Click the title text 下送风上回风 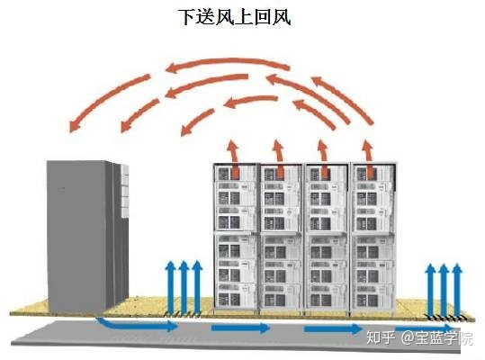coord(235,17)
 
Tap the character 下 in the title coord(188,17)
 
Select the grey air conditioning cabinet coord(87,237)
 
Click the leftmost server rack coord(237,238)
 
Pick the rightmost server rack coord(373,238)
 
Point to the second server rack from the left coord(283,238)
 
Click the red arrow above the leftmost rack coord(234,158)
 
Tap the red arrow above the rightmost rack coord(368,158)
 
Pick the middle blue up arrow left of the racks coord(184,287)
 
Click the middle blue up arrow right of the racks coord(444,290)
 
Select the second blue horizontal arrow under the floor coord(240,328)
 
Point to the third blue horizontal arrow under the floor coord(333,328)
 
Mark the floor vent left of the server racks coord(184,314)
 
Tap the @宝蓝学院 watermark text coord(436,337)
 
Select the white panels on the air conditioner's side coord(125,191)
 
